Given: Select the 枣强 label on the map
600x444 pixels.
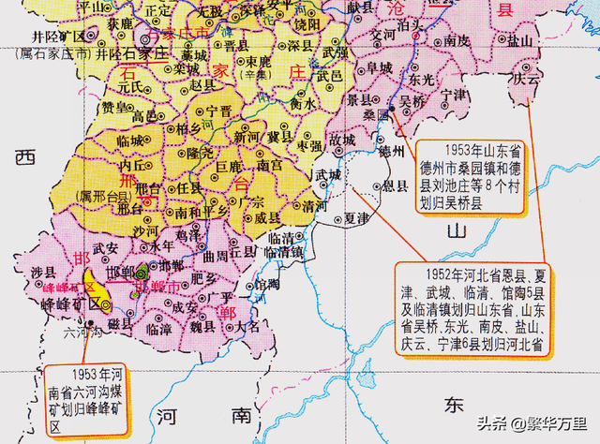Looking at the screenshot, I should [x=309, y=146].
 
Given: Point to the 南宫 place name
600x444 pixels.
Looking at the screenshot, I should [x=269, y=165].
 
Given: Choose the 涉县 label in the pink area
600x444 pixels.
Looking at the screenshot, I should [x=38, y=273].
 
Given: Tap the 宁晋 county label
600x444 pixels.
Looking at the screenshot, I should [x=218, y=111].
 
